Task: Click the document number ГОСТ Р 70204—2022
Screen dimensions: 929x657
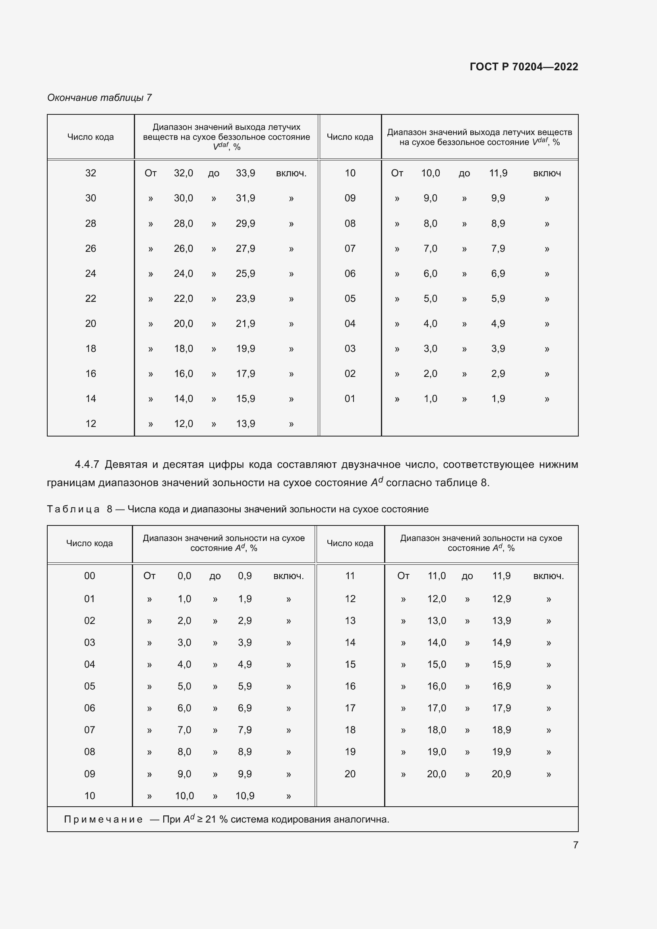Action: tap(524, 67)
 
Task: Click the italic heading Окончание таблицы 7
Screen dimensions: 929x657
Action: tap(99, 98)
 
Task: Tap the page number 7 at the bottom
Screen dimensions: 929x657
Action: tap(575, 845)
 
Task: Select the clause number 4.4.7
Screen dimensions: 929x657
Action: tap(87, 464)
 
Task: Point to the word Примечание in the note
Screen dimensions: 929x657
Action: tap(103, 819)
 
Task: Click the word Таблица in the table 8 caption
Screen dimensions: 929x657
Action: tap(73, 509)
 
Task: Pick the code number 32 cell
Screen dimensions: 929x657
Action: tap(91, 173)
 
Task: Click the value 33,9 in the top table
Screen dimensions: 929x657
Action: tap(245, 173)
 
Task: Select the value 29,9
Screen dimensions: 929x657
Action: tap(245, 223)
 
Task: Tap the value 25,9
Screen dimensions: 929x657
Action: tap(245, 274)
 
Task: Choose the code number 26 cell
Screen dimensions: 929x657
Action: tap(91, 248)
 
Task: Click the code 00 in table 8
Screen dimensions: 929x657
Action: tap(89, 576)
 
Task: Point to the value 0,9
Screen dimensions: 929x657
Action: tap(245, 576)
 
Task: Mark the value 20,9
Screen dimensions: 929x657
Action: tap(501, 774)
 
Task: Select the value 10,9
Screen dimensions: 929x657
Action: tap(245, 796)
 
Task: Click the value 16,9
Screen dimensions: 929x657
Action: tap(501, 686)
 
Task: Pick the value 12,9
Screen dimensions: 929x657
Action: tap(501, 599)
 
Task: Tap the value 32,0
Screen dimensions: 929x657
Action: tap(183, 173)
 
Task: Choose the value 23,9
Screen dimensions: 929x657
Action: tap(245, 299)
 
